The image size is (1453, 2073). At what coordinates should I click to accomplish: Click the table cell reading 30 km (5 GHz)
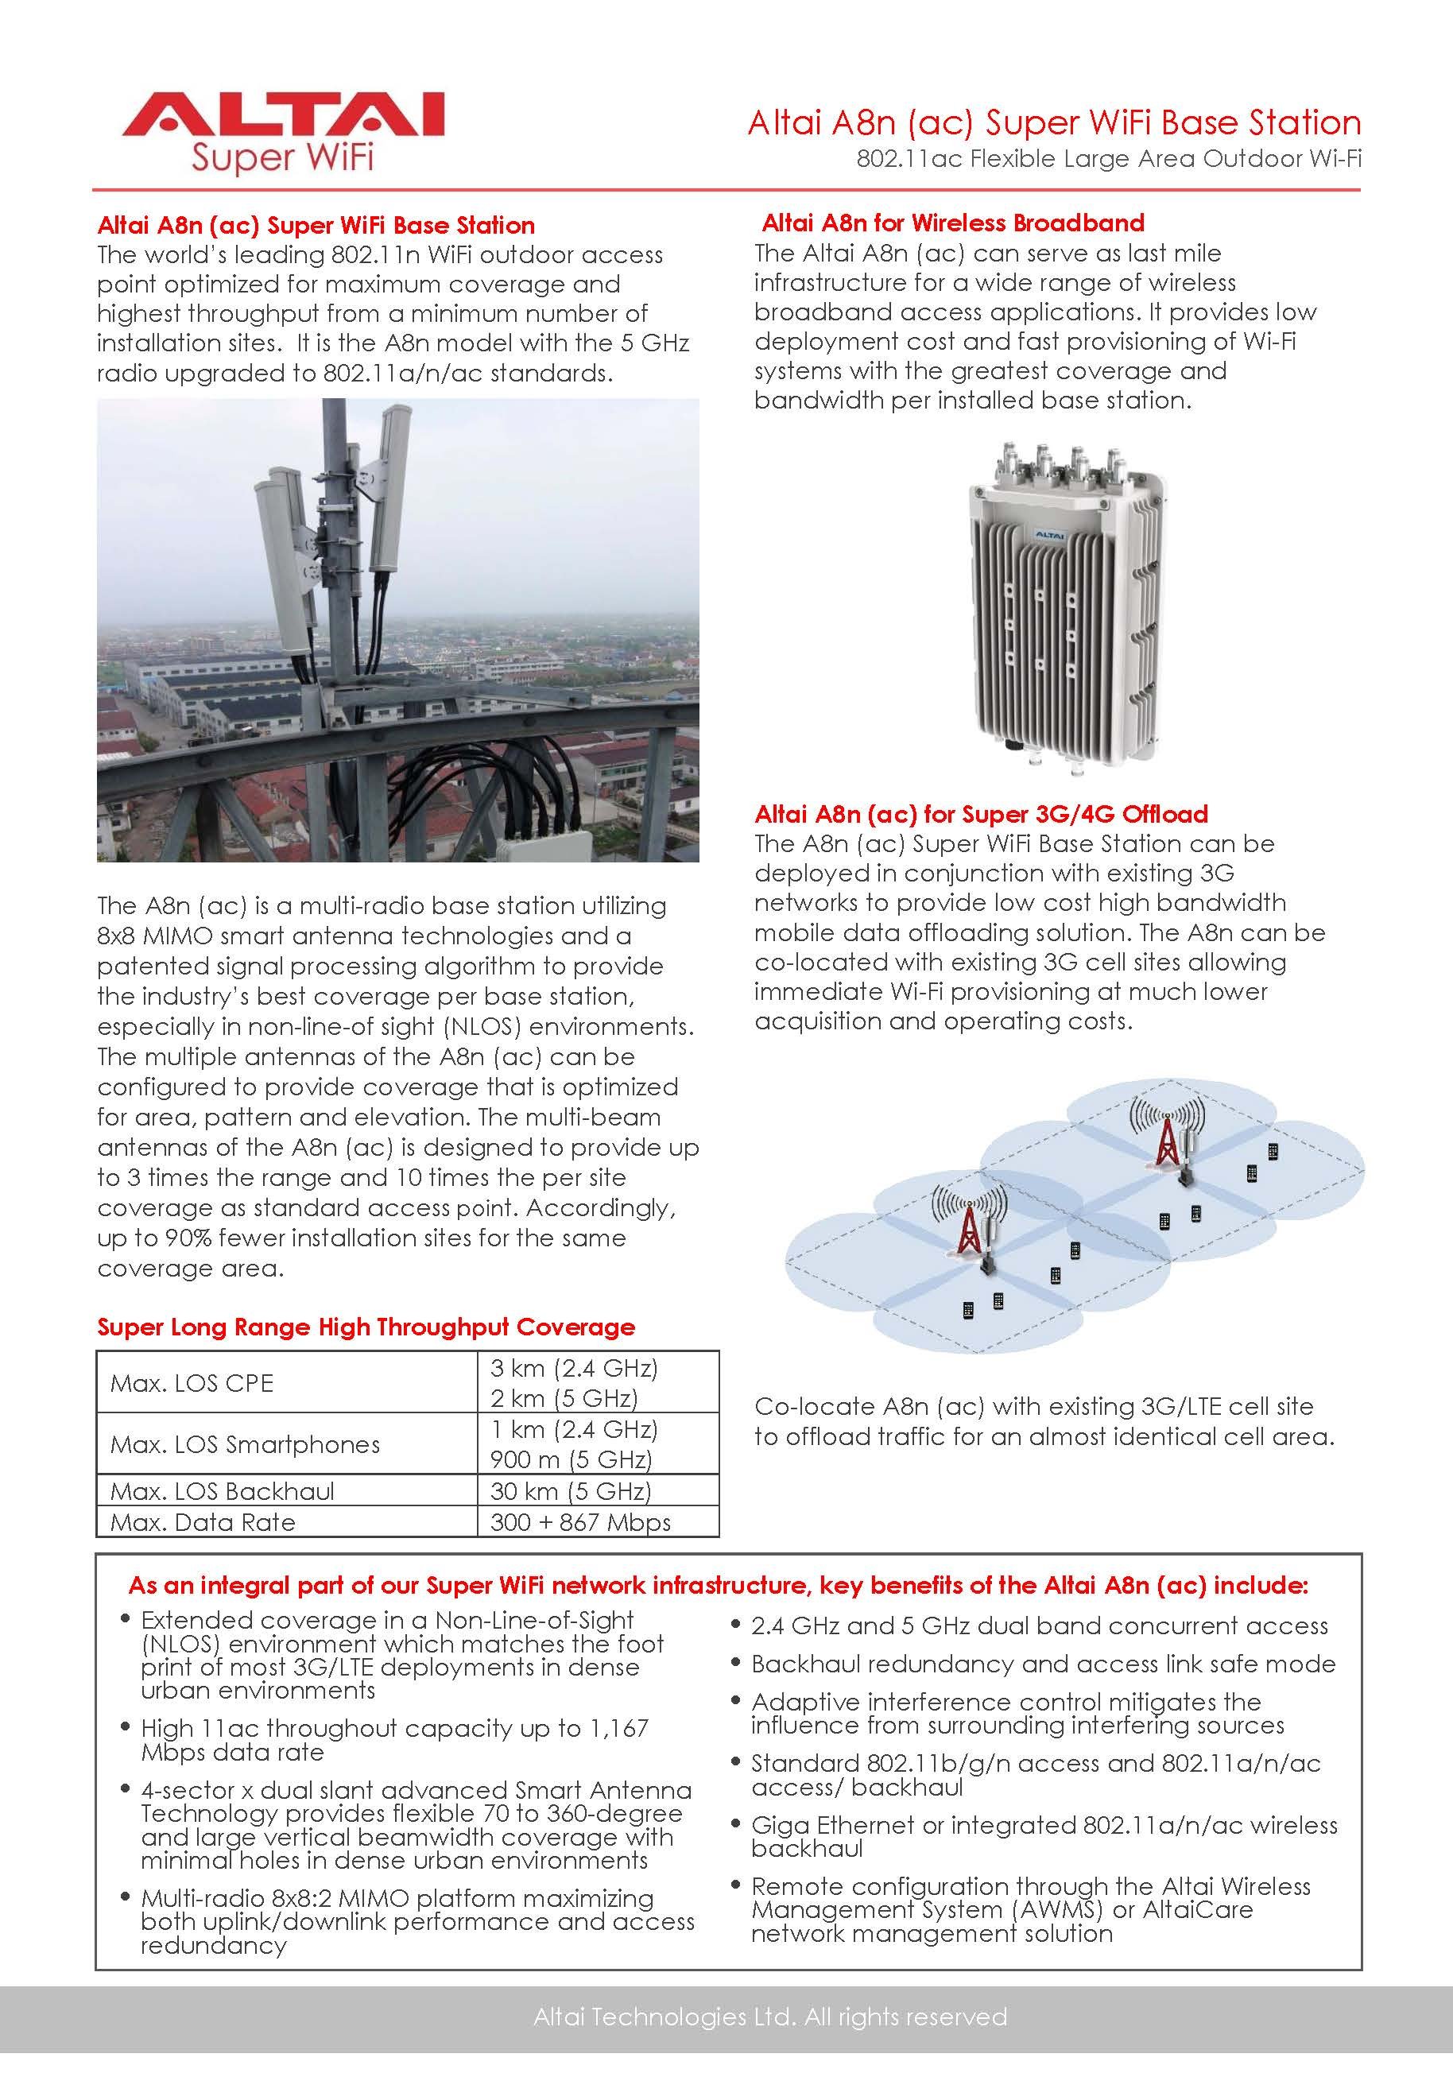[x=571, y=1490]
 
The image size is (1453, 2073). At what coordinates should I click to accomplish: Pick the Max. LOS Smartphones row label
[x=245, y=1444]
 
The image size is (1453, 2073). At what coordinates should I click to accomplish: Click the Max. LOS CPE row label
[x=192, y=1383]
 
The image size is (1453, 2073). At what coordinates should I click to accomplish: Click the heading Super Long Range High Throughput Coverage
[x=366, y=1327]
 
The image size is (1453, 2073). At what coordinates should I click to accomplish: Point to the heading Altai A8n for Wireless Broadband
[x=953, y=223]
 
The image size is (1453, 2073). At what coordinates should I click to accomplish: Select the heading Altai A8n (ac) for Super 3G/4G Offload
[x=981, y=815]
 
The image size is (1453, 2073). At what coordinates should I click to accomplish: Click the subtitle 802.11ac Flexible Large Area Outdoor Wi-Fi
[x=1108, y=159]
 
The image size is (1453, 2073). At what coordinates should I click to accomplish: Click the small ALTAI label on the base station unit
[x=1048, y=537]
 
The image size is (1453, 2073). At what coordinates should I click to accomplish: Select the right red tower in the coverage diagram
[x=1167, y=1141]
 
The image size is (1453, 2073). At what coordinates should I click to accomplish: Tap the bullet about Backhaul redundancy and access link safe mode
[x=1043, y=1663]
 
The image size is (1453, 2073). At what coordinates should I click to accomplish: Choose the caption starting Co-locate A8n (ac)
[x=1044, y=1421]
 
